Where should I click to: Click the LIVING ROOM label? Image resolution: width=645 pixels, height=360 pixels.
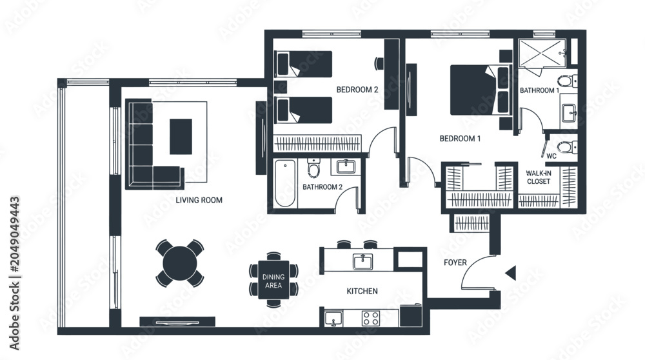(x=199, y=201)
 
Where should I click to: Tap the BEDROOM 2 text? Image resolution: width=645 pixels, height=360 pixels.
(x=357, y=90)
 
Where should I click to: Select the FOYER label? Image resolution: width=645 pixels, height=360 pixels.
(x=455, y=263)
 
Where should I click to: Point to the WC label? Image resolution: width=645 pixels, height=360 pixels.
(x=551, y=156)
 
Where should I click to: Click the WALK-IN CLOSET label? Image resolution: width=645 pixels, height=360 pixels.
(x=539, y=177)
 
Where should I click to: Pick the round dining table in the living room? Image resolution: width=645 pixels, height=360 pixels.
(x=180, y=263)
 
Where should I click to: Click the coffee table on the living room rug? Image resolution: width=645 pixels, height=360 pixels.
(x=181, y=137)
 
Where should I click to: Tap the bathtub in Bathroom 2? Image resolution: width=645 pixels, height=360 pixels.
(x=284, y=183)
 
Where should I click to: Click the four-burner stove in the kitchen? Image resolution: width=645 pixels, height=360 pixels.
(x=371, y=319)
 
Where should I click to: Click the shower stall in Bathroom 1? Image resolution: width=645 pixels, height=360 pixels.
(x=542, y=53)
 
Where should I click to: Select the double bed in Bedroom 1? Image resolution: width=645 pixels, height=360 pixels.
(x=479, y=90)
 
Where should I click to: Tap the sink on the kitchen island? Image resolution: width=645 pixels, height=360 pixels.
(x=362, y=262)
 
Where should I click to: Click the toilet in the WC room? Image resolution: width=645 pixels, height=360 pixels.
(x=566, y=147)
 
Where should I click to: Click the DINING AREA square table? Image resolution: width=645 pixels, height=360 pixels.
(x=273, y=280)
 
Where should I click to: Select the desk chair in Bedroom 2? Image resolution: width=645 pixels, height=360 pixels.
(x=379, y=63)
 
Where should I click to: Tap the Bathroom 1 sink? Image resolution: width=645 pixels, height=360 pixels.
(x=569, y=112)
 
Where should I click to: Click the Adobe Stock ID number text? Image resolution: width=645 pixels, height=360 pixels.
(x=15, y=234)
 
